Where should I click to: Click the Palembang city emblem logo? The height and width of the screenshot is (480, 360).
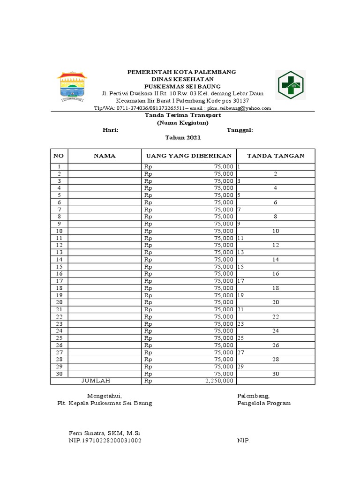coord(72,86)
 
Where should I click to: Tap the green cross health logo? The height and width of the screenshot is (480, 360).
coord(291,85)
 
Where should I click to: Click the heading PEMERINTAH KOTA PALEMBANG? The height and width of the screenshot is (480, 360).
coord(182,72)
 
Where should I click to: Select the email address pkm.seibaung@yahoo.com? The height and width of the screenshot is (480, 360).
coord(240,108)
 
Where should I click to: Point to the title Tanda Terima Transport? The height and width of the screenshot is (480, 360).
coord(182,115)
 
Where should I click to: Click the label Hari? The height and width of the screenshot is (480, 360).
coord(110,130)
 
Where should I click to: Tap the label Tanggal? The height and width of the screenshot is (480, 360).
coord(240,130)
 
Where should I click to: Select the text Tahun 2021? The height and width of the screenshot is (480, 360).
coord(182,137)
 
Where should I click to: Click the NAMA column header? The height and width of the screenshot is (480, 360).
coord(105,156)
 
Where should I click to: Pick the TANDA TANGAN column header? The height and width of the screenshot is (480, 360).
coord(275,156)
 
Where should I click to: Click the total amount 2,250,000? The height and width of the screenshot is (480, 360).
coord(218,381)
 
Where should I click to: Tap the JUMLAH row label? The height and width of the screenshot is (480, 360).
coord(96,381)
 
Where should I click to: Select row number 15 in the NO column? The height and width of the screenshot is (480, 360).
coord(59,266)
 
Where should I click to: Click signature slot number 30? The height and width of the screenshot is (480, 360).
coord(276,374)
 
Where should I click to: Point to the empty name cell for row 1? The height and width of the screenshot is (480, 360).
coord(105,166)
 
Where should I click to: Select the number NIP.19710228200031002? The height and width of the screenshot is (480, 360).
coord(105,441)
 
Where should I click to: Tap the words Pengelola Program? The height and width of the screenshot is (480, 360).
coord(263,403)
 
